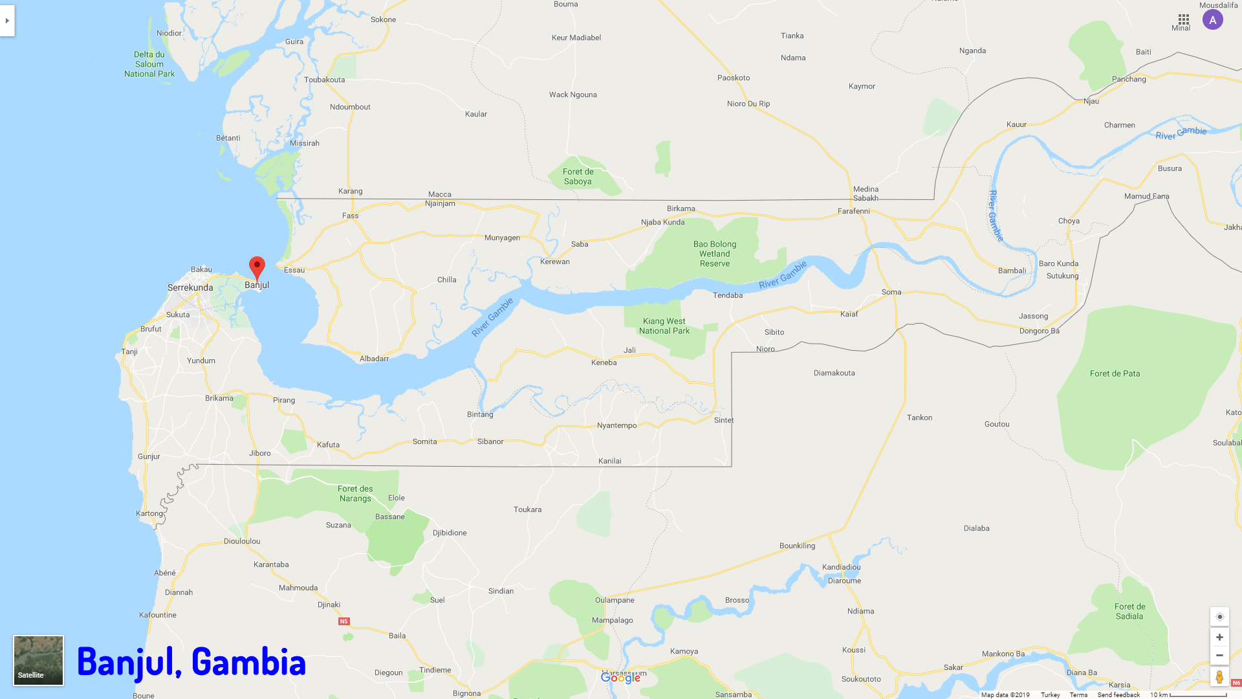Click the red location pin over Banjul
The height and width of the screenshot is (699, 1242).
click(x=257, y=267)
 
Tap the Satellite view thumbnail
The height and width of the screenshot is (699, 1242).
click(x=39, y=660)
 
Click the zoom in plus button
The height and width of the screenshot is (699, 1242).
click(x=1219, y=638)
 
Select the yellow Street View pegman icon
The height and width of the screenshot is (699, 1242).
click(x=1219, y=677)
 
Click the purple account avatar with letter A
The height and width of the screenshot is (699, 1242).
click(x=1213, y=20)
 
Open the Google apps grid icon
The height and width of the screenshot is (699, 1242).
click(x=1184, y=19)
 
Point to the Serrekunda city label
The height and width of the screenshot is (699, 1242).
click(x=190, y=287)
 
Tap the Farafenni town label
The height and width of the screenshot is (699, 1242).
click(x=854, y=211)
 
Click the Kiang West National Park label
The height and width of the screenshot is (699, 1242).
click(x=664, y=326)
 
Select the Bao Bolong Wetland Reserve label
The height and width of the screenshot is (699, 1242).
click(x=715, y=254)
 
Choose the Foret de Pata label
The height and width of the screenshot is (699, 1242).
click(x=1115, y=373)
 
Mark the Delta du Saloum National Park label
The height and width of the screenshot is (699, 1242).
click(x=149, y=64)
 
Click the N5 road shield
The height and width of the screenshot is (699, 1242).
click(x=343, y=621)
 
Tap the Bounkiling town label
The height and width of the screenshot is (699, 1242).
click(x=797, y=546)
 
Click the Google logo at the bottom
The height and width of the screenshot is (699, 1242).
click(x=620, y=678)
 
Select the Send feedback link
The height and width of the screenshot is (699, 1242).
click(x=1118, y=694)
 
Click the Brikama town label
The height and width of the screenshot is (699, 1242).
click(x=219, y=398)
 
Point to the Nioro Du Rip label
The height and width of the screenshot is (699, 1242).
click(x=748, y=104)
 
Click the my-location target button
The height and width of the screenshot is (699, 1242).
click(x=1219, y=617)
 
